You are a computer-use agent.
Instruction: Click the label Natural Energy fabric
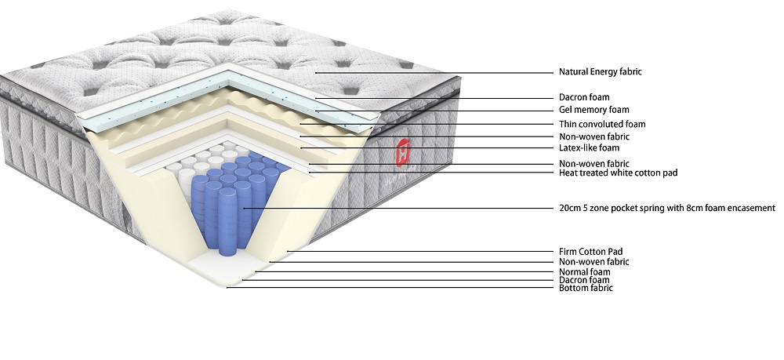601,72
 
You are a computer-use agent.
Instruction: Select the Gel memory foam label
594,111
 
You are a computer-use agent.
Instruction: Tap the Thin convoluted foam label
602,124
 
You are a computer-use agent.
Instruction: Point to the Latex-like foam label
589,147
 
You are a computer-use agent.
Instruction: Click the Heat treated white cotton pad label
618,173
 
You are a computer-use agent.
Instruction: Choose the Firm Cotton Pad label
590,252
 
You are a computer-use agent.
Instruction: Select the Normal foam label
584,271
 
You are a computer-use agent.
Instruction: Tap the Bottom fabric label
585,289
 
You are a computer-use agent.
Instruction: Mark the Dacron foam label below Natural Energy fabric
585,97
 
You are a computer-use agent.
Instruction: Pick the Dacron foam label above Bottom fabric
584,280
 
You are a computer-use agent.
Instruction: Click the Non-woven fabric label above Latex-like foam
594,136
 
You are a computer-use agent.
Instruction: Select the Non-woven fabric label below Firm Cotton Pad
594,262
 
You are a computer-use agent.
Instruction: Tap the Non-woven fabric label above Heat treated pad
594,164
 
